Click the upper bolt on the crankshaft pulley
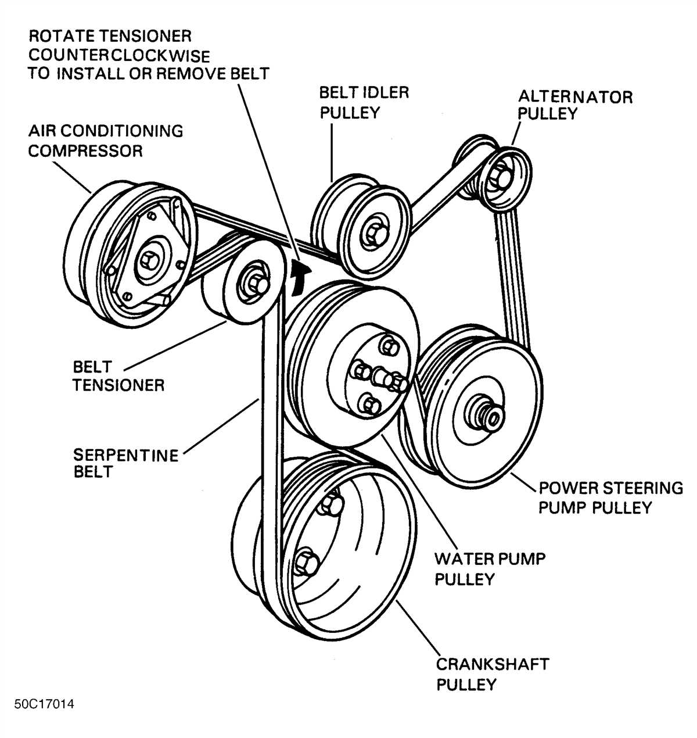tap(329, 504)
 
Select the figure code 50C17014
tap(45, 704)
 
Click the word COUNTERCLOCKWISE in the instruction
tap(119, 56)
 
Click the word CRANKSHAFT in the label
tap(493, 664)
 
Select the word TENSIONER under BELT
tap(118, 385)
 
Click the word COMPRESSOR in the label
tap(85, 151)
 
